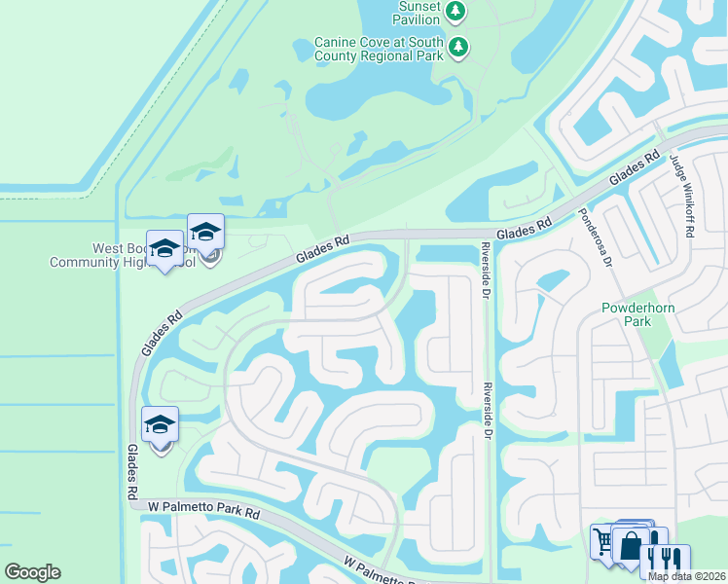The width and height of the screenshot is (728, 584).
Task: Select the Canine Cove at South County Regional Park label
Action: (x=379, y=50)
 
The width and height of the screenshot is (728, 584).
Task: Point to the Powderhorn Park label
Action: (x=639, y=314)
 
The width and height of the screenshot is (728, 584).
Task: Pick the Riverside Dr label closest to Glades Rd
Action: (x=483, y=271)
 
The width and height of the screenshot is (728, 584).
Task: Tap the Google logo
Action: (x=32, y=572)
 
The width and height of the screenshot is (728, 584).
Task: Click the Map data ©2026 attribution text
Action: (x=687, y=576)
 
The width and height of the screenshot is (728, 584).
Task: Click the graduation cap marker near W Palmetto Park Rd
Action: (x=160, y=425)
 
